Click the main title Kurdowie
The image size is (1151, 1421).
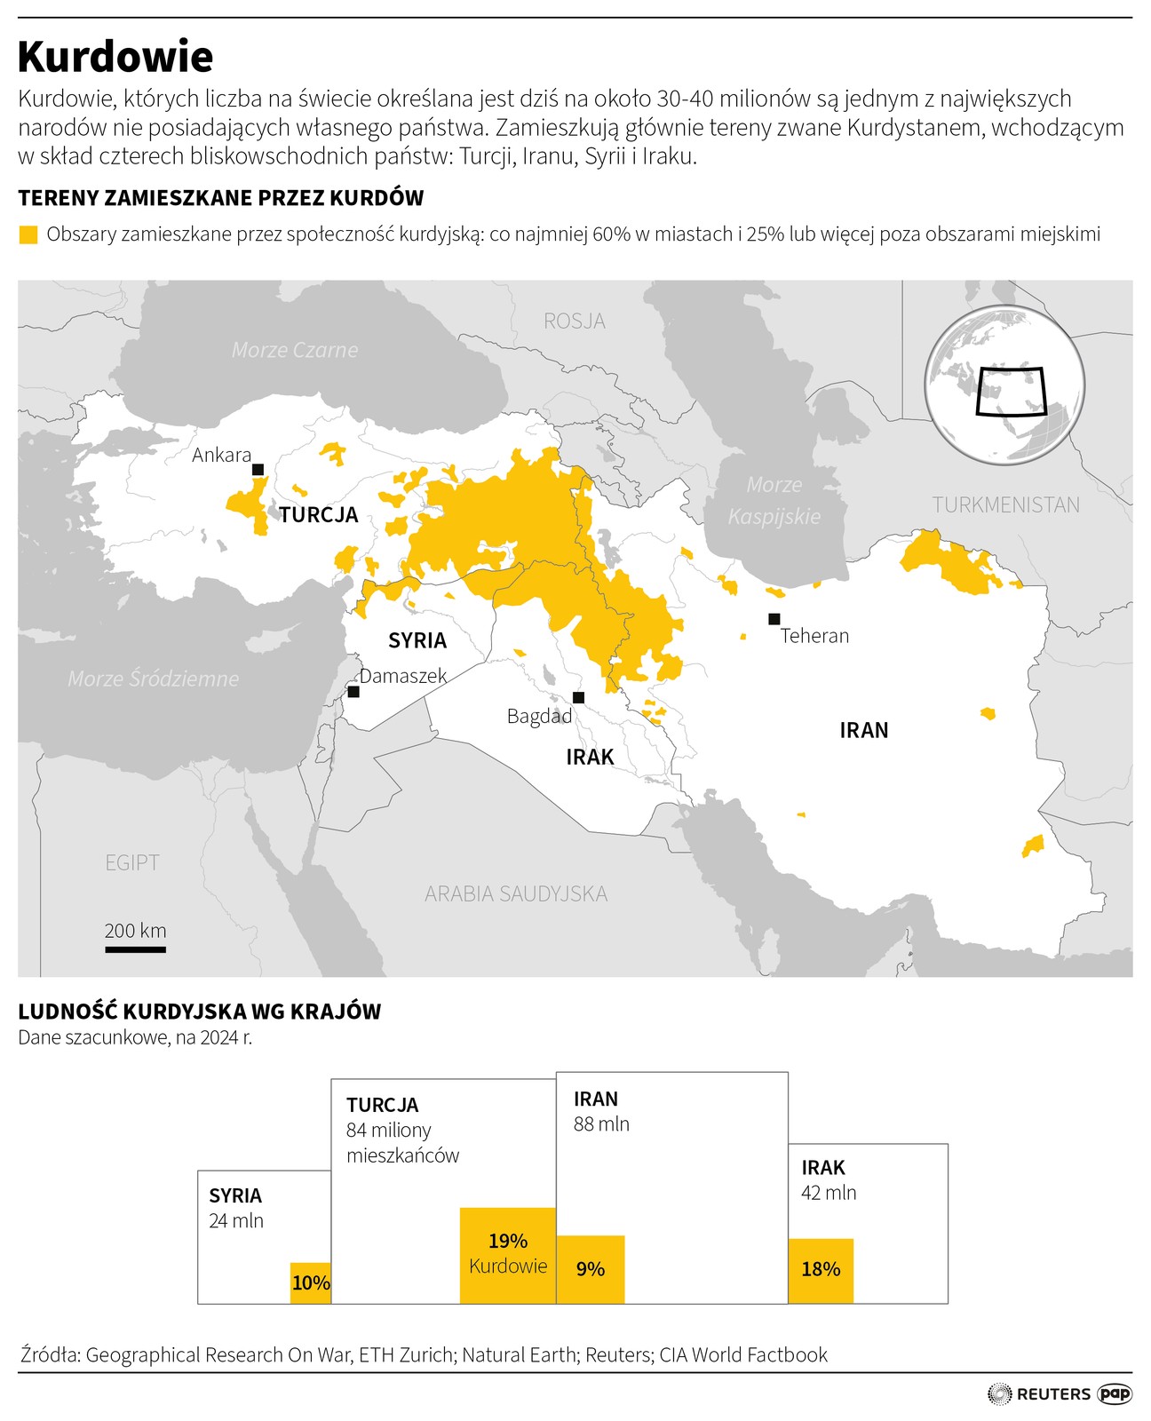coord(115,57)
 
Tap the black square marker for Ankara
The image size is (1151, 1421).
coord(258,469)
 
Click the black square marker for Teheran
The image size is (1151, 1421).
coord(774,619)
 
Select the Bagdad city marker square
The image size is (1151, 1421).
coord(578,697)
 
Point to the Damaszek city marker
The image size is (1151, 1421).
coord(353,691)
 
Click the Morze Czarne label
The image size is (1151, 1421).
coord(295,350)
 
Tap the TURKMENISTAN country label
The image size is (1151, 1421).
coord(1005,504)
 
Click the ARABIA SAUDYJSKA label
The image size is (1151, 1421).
coord(516,893)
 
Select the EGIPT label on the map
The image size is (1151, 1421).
coord(132,862)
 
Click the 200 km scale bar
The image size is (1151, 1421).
coord(135,949)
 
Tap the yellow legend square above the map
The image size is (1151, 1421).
coord(28,234)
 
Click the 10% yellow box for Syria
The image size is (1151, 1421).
coord(311,1282)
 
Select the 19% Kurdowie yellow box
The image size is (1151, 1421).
coord(508,1255)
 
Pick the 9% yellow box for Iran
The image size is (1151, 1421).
coord(591,1269)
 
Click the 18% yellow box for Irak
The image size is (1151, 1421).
coord(821,1270)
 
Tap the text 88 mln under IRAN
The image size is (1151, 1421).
coord(601,1124)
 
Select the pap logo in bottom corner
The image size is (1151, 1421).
coord(1115,1393)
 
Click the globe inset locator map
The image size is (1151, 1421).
coord(1004,384)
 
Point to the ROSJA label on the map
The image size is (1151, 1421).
coord(575,321)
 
